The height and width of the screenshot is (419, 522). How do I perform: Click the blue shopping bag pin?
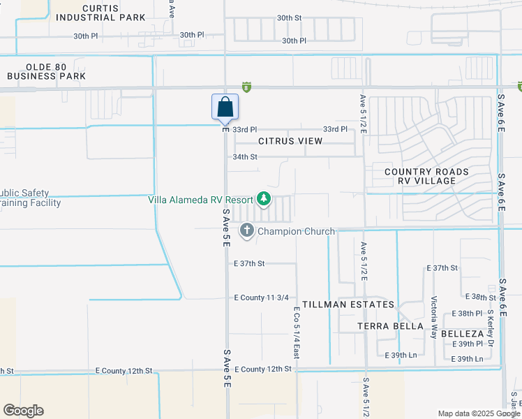pos(225,108)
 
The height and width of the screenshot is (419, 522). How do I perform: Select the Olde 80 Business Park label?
pos(46,71)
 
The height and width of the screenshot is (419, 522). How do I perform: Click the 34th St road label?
pos(245,157)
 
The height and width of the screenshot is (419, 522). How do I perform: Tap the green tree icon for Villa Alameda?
pos(264,200)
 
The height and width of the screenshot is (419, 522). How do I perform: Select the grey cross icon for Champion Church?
pos(247,230)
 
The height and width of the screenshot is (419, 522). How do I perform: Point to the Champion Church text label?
pos(296,231)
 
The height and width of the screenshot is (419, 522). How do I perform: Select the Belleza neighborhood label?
pos(459,335)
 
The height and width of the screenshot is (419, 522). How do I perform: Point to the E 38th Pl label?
pos(468,314)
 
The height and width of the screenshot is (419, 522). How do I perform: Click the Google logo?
pos(23,411)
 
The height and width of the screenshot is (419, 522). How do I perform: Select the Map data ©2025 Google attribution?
pos(478,413)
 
